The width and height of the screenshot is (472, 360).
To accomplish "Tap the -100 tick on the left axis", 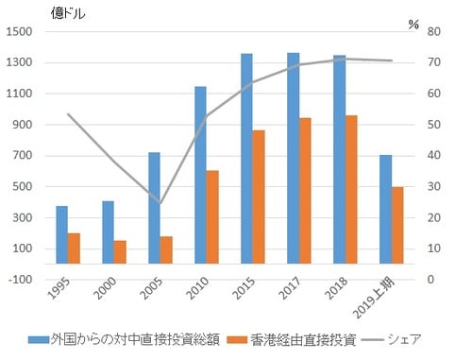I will point(22,280).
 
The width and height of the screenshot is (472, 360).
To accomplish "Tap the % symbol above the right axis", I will point(413,24).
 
